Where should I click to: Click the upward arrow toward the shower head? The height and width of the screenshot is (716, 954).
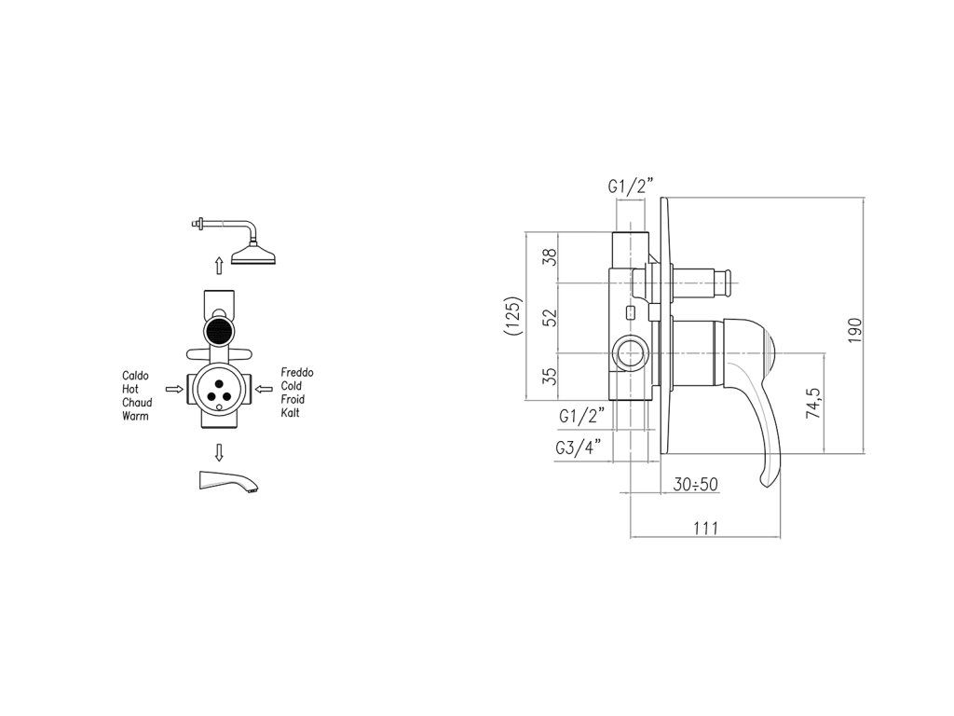(x=219, y=265)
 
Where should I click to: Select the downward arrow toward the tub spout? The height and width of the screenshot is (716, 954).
(x=219, y=452)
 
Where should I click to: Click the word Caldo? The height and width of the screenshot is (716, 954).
(x=136, y=376)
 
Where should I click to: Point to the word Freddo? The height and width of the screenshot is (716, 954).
(x=296, y=372)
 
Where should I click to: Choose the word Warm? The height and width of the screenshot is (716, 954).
(x=135, y=416)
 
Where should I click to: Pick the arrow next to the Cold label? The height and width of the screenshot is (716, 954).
(x=264, y=387)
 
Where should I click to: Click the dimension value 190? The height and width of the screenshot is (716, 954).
(x=856, y=329)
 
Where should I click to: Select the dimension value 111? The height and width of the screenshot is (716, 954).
(x=705, y=529)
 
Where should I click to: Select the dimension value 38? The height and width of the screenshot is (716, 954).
(x=550, y=255)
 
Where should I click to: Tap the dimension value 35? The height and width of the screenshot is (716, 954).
(x=550, y=377)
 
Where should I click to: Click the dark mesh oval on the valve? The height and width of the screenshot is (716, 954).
(x=219, y=332)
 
